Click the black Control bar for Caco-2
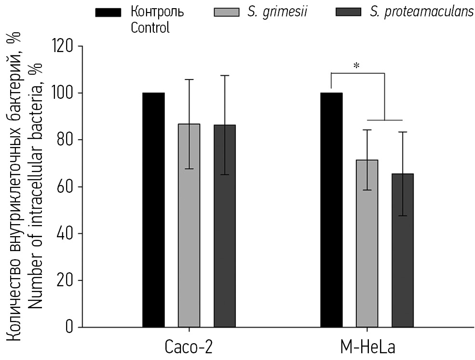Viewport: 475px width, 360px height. pos(153,210)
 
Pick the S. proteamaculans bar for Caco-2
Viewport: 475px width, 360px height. pos(225,226)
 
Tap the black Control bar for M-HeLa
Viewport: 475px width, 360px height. pos(331,210)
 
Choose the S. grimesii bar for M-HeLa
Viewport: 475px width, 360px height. pos(367,243)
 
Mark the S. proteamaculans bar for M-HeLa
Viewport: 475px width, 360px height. pos(403,251)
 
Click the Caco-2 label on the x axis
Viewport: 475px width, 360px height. pos(189,348)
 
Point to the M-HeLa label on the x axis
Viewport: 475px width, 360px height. pos(366,348)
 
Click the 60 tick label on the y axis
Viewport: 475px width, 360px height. pos(66,187)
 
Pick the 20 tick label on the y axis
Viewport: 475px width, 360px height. pos(66,281)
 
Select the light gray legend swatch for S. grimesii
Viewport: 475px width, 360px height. pos(227,12)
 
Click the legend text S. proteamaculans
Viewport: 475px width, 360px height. pos(422,12)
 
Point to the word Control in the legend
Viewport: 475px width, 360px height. pos(150,27)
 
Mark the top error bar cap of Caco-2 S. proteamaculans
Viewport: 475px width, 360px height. pos(225,76)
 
